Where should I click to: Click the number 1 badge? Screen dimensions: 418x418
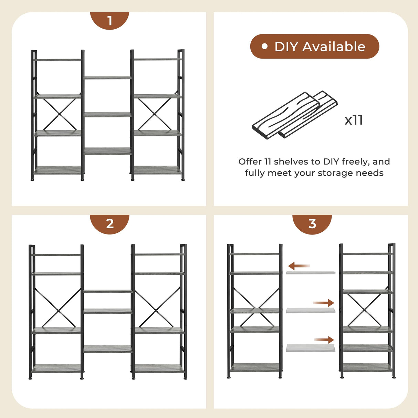click(x=109, y=20)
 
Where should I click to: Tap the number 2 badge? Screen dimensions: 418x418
click(x=109, y=223)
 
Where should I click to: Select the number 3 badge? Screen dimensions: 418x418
click(x=312, y=223)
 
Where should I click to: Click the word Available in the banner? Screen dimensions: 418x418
click(x=334, y=46)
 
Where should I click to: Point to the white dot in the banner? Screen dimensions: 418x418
click(x=264, y=46)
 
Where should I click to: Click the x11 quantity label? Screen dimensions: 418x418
click(x=354, y=120)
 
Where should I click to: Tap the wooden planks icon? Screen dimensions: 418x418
click(x=294, y=115)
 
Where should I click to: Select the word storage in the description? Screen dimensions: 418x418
click(x=333, y=173)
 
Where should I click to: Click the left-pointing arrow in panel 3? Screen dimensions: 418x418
click(x=299, y=266)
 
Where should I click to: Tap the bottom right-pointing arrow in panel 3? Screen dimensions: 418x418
click(x=324, y=340)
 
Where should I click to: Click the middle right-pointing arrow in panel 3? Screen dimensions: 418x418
click(x=324, y=303)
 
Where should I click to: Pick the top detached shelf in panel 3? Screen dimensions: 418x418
click(x=310, y=273)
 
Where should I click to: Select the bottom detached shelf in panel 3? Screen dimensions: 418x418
click(x=310, y=348)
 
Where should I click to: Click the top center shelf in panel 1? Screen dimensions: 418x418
click(x=107, y=78)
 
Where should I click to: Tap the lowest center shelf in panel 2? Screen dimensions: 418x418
click(x=107, y=349)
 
